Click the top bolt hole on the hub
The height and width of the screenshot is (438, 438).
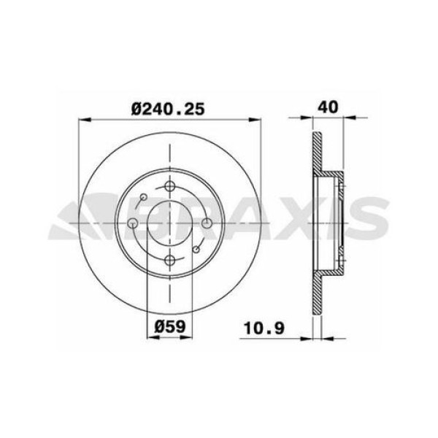click(x=169, y=186)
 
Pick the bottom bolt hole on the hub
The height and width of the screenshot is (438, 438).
click(x=169, y=261)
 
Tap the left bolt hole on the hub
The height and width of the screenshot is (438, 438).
click(x=132, y=223)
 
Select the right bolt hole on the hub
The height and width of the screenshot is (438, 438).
click(x=207, y=223)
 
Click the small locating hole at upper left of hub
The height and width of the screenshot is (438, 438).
click(x=144, y=197)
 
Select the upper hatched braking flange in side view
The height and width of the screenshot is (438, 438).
click(x=316, y=153)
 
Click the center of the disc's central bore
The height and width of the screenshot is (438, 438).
click(x=169, y=223)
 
